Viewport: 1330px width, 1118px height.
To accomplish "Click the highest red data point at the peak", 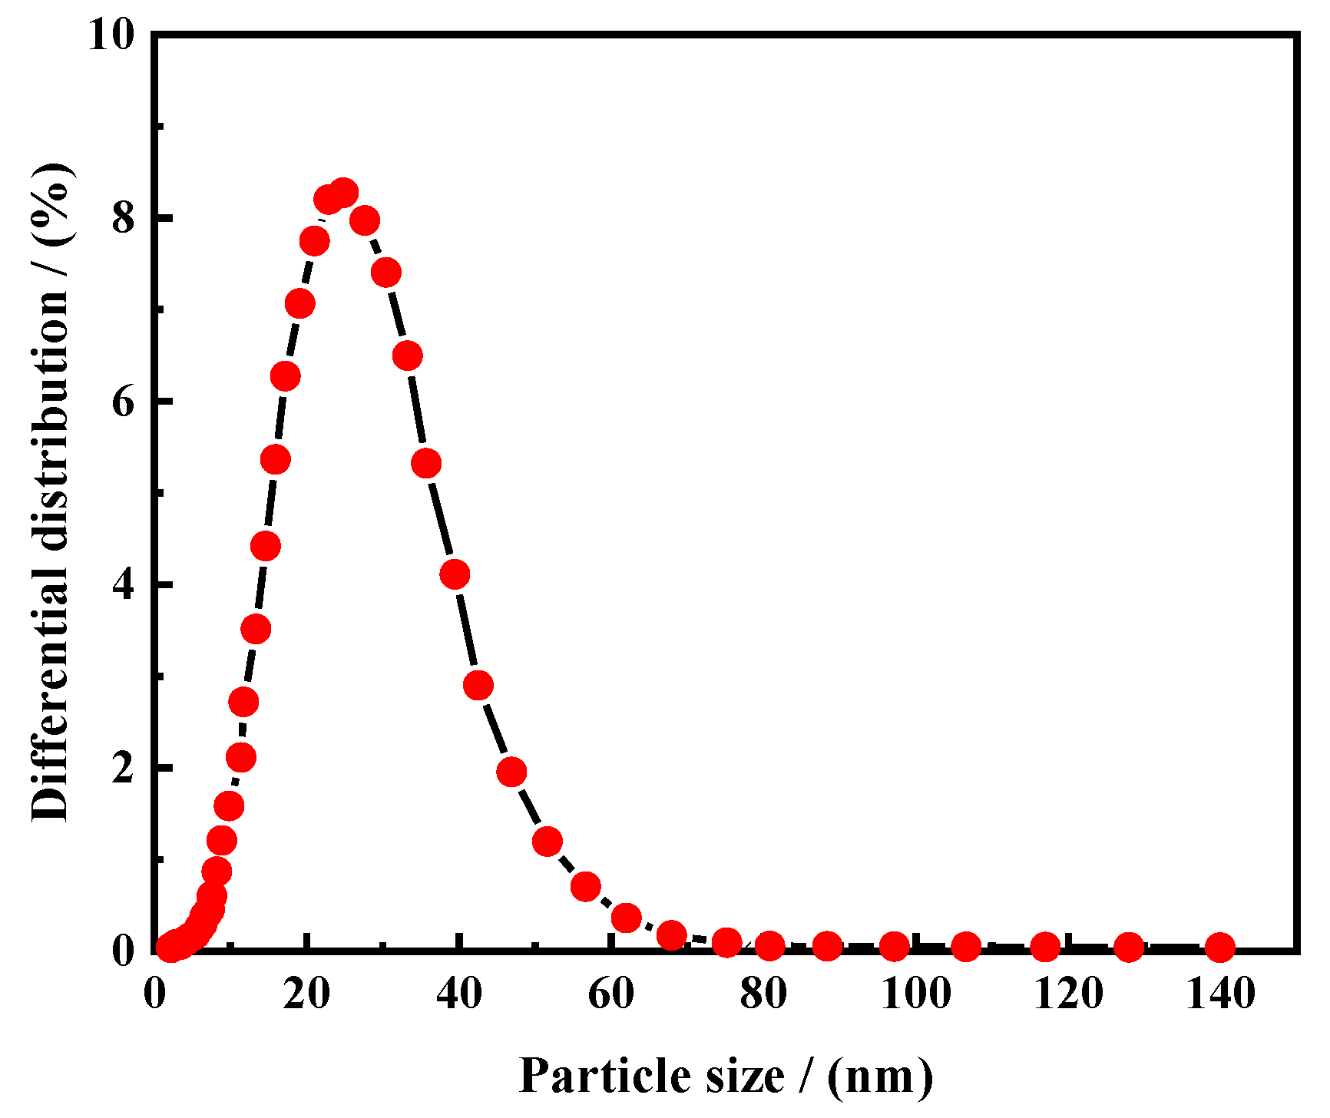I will coord(343,193).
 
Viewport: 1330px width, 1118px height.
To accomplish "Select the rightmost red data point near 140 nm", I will coord(1219,948).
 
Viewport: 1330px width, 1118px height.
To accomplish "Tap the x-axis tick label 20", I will coord(306,994).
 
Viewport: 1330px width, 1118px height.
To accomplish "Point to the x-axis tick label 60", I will coord(611,994).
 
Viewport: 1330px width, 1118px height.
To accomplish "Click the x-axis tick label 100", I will coord(915,994).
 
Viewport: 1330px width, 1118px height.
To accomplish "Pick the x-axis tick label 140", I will coord(1220,994).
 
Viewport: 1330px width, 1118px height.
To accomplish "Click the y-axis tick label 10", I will coord(111,35).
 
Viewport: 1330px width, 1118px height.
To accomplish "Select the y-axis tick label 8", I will coord(123,219).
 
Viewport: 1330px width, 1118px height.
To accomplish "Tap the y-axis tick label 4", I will coord(123,585).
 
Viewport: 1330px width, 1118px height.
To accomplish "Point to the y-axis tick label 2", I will coord(123,768).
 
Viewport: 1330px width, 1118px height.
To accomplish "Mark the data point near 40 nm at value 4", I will coord(455,574).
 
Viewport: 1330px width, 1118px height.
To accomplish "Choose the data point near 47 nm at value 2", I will coord(511,772).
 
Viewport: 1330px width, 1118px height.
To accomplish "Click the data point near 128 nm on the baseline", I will coord(1128,948).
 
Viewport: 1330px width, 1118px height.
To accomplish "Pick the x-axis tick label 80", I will coord(763,994).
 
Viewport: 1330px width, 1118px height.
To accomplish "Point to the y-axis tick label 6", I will coord(123,402).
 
